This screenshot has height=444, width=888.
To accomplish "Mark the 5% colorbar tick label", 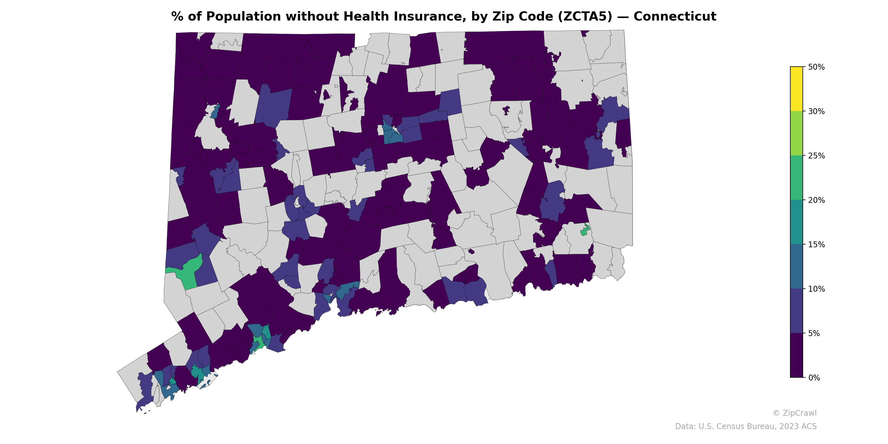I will pyautogui.click(x=814, y=333).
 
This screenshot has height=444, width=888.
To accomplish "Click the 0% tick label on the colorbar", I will pyautogui.click(x=814, y=378).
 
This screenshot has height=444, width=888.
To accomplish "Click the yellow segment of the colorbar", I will pyautogui.click(x=796, y=89).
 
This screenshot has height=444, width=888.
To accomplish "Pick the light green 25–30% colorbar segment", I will pyautogui.click(x=796, y=133).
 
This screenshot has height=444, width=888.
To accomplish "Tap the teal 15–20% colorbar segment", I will pyautogui.click(x=796, y=222).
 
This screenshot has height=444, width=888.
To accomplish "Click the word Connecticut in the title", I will pyautogui.click(x=675, y=17).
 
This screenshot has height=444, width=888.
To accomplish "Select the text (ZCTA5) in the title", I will pyautogui.click(x=585, y=17).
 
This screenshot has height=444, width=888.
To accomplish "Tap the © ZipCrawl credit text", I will pyautogui.click(x=794, y=413).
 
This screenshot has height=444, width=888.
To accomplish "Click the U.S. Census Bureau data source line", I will pyautogui.click(x=745, y=427).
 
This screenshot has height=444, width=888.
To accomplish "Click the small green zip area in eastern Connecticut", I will pyautogui.click(x=585, y=231).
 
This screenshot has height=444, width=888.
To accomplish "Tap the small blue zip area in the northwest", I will pyautogui.click(x=215, y=113).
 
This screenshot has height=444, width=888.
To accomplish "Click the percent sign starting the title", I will pyautogui.click(x=177, y=17).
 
